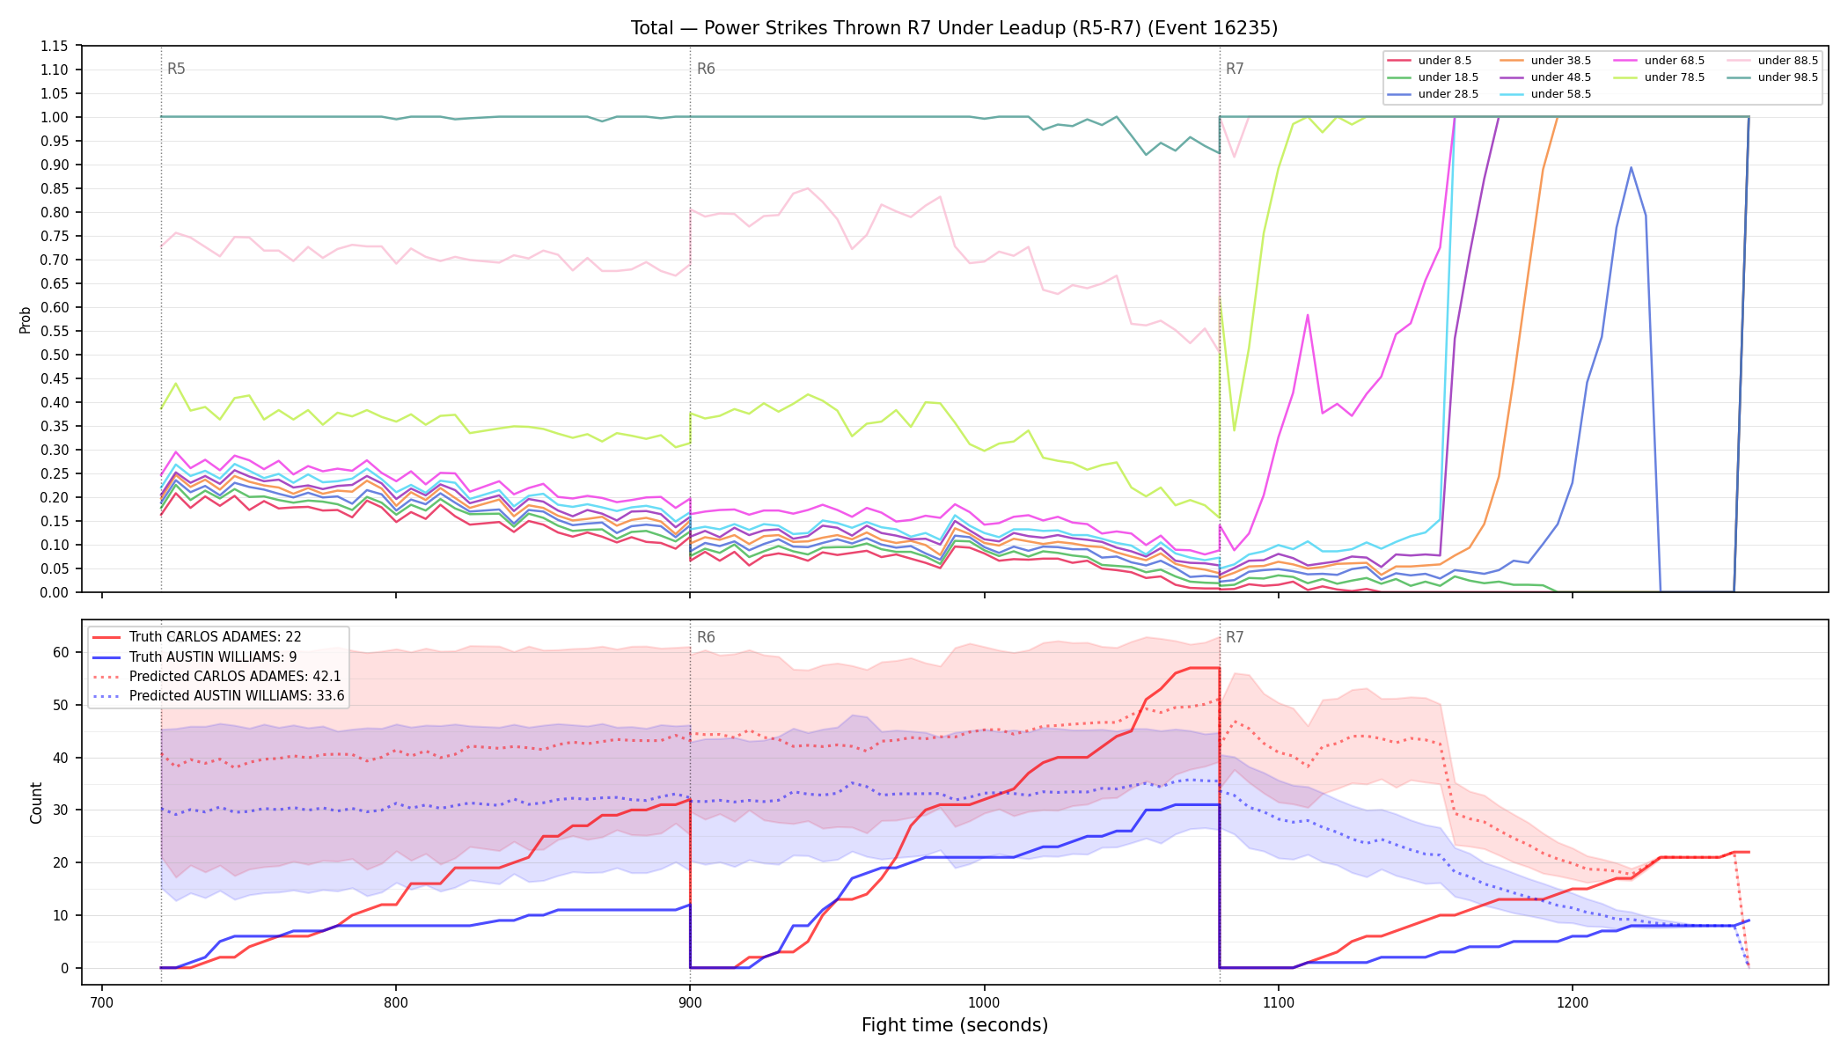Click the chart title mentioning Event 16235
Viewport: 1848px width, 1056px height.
954,28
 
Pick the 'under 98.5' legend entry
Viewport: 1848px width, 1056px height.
1770,77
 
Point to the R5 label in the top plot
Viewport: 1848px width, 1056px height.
176,69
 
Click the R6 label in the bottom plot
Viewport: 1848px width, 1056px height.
706,637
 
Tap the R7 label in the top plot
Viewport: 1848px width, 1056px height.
1235,69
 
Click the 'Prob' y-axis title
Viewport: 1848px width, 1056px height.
26,319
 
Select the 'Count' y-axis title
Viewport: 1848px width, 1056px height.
36,803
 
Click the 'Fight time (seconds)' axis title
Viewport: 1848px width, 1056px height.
955,1025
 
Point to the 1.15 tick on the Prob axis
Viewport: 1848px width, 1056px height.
55,46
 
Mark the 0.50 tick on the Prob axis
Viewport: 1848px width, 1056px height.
55,355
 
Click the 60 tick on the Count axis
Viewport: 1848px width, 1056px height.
60,652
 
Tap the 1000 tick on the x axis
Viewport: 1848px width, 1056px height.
984,1001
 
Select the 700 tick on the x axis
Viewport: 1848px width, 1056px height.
102,1001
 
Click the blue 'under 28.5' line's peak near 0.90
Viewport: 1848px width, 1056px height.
1631,167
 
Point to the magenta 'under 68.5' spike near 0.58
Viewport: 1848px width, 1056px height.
1308,315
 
